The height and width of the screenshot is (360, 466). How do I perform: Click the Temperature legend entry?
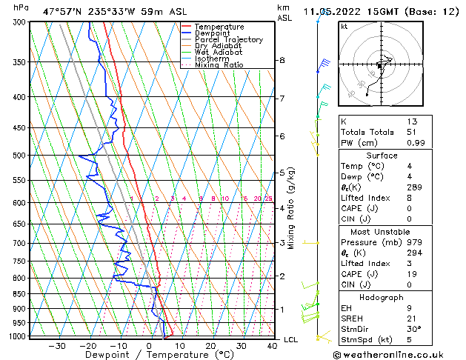point(220,27)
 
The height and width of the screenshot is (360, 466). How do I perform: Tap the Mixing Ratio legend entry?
point(219,65)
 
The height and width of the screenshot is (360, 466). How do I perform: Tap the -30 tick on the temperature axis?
point(57,346)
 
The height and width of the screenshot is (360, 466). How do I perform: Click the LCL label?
point(290,339)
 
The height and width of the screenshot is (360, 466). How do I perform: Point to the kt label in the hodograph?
point(344,26)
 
